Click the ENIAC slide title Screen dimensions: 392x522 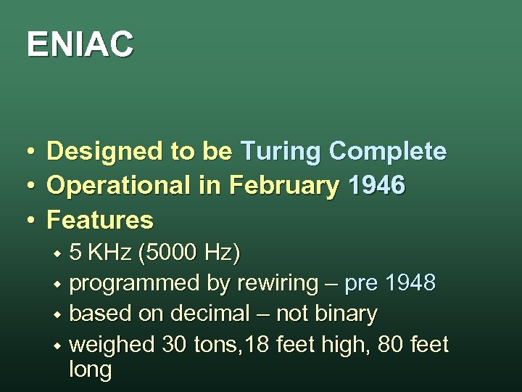pyautogui.click(x=80, y=44)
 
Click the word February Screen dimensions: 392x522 pyautogui.click(x=283, y=187)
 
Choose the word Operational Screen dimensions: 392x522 pyautogui.click(x=119, y=186)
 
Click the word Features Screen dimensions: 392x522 pyautogui.click(x=100, y=219)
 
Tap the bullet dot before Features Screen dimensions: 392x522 pyautogui.click(x=30, y=220)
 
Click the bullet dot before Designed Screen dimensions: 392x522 pyautogui.click(x=30, y=152)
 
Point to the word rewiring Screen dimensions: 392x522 pyautogui.click(x=278, y=283)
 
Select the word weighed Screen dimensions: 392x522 pyautogui.click(x=112, y=345)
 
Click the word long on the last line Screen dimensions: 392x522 pyautogui.click(x=90, y=370)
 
